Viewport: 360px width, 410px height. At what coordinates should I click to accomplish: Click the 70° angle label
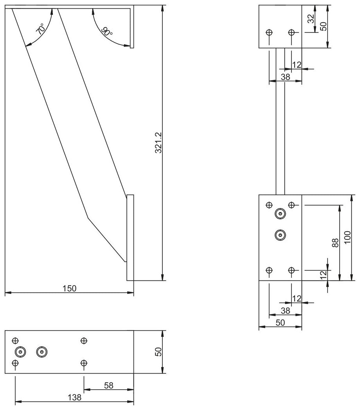pyautogui.click(x=40, y=30)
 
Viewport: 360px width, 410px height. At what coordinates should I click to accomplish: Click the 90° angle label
pyautogui.click(x=106, y=32)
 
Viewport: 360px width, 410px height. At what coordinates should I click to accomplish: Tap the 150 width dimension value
pyautogui.click(x=70, y=288)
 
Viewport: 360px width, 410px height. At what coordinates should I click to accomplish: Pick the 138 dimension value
pyautogui.click(x=74, y=397)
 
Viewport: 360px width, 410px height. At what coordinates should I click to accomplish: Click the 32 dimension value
pyautogui.click(x=311, y=19)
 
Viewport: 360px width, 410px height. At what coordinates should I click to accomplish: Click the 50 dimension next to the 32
pyautogui.click(x=324, y=26)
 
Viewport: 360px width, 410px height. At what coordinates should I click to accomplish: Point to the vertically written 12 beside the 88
pyautogui.click(x=323, y=275)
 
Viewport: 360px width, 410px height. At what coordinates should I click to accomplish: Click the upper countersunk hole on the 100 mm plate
pyautogui.click(x=280, y=214)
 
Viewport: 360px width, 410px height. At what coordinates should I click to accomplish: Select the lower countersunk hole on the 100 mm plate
pyautogui.click(x=280, y=235)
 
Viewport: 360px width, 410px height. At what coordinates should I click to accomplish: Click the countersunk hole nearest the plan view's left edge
pyautogui.click(x=20, y=352)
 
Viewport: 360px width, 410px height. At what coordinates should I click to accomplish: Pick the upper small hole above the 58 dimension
pyautogui.click(x=84, y=341)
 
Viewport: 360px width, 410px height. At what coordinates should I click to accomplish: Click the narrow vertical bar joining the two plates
pyautogui.click(x=280, y=121)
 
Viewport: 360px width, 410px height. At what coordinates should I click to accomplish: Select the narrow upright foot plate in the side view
pyautogui.click(x=130, y=237)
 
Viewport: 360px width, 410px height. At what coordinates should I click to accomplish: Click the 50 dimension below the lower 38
pyautogui.click(x=280, y=323)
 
